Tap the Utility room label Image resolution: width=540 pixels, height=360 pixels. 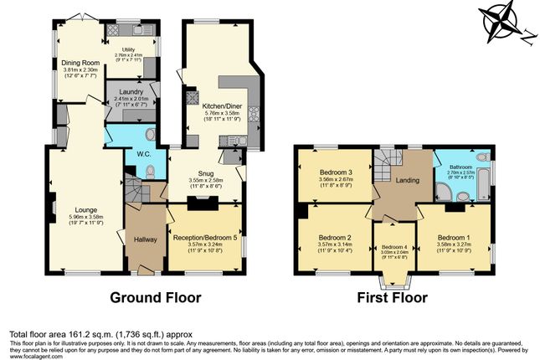click(128, 50)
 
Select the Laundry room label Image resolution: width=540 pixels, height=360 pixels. click(130, 92)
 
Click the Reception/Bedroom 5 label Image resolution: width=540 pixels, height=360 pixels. click(206, 238)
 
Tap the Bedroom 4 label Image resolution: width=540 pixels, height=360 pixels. click(393, 246)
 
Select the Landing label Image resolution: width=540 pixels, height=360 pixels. click(407, 180)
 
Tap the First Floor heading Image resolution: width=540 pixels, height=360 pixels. click(393, 297)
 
